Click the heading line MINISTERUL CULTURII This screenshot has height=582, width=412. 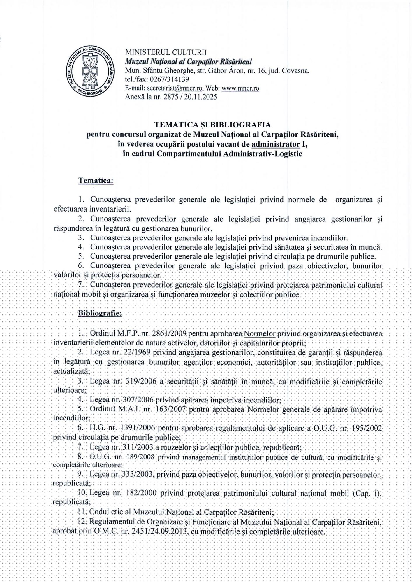[x=165, y=52]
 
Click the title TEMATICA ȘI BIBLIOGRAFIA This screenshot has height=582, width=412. [x=212, y=125]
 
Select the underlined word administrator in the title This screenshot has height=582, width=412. [x=276, y=144]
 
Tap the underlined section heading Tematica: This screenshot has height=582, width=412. [x=96, y=181]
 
